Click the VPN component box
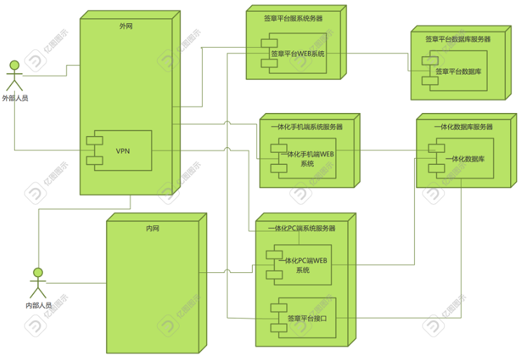pos(123,151)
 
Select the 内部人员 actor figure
pos(38,282)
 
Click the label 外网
pos(126,26)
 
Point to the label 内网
pos(152,229)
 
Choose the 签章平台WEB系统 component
pos(298,54)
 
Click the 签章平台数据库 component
pos(458,72)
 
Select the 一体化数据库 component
pos(465,159)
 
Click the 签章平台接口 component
pos(307,318)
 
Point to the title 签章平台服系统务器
pos(293,19)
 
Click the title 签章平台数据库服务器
pos(458,39)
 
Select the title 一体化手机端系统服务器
pos(307,127)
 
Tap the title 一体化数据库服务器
pos(463,127)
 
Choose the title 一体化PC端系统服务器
pos(302,228)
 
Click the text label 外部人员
pos(15,98)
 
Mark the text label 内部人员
pos(39,305)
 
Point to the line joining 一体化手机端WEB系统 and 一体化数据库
pos(379,150)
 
